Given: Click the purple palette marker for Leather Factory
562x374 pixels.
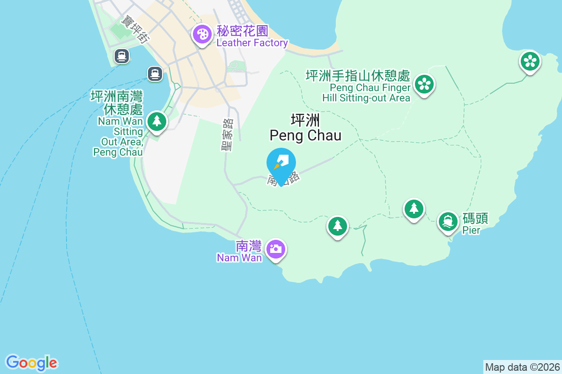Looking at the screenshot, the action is click(202, 35).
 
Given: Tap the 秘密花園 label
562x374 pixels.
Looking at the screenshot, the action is click(242, 31).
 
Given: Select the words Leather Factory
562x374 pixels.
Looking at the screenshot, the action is click(252, 43).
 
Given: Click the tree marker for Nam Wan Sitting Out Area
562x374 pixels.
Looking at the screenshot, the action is click(156, 121).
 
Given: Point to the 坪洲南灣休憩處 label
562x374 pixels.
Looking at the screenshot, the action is click(117, 103).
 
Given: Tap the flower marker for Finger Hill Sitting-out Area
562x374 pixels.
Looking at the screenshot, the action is click(424, 84).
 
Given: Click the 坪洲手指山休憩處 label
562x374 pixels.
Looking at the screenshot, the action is click(358, 76).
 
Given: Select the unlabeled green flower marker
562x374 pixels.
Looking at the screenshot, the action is click(530, 61).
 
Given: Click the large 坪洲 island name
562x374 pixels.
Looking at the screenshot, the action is click(305, 120).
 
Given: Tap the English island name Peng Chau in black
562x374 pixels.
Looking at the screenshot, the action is click(305, 136).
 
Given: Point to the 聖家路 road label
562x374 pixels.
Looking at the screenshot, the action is click(228, 135).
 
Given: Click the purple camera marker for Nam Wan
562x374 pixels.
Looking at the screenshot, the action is click(275, 248).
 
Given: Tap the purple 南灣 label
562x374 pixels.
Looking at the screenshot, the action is click(248, 245).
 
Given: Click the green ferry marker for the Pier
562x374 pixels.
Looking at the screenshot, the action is click(448, 221).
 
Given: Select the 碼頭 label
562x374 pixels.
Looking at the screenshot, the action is click(475, 218).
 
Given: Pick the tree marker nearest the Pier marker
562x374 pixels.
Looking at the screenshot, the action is click(414, 209).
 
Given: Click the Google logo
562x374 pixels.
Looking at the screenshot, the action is click(32, 362).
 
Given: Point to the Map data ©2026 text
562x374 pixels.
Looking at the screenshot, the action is click(522, 367).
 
